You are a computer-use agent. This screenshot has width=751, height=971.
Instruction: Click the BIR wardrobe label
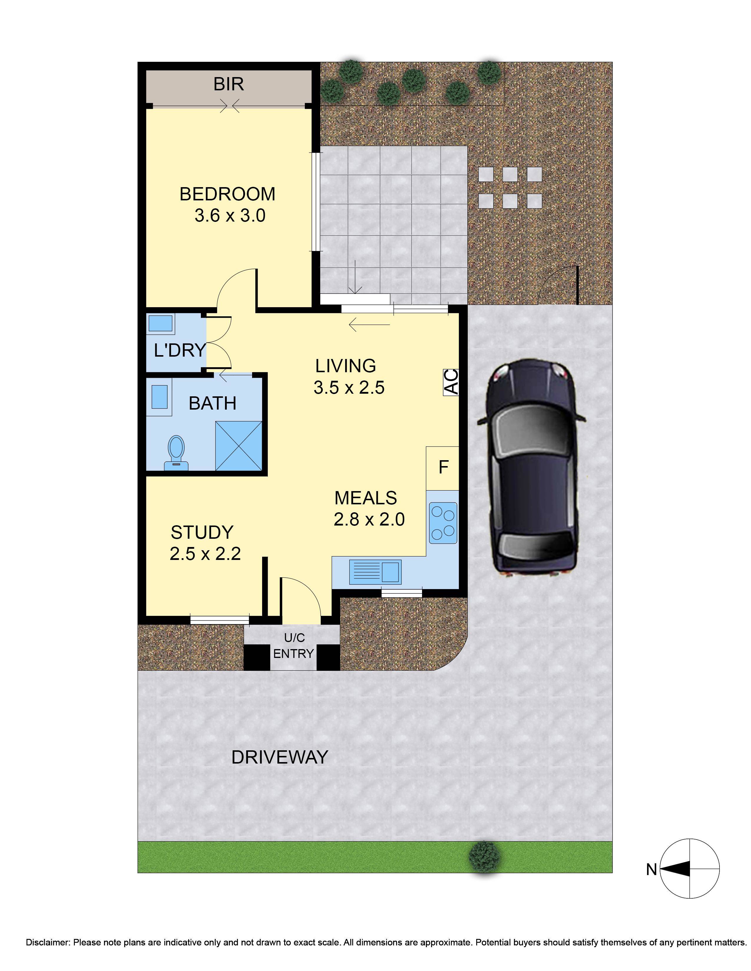(228, 84)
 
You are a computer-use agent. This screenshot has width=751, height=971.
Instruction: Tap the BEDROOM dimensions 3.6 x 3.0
(230, 216)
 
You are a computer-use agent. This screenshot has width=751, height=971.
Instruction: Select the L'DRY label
(179, 350)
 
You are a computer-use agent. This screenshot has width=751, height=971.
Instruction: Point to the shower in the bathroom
(238, 445)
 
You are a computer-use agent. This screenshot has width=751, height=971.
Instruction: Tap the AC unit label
(451, 382)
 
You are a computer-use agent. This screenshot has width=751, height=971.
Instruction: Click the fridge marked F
(443, 468)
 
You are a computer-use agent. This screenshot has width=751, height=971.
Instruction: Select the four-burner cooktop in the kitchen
(443, 523)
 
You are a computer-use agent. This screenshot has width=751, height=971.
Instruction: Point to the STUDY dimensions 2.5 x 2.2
(205, 554)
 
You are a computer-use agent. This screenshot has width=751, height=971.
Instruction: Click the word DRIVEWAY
(279, 757)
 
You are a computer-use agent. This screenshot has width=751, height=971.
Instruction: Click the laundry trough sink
(160, 324)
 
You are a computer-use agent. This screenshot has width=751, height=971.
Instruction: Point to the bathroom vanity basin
(159, 397)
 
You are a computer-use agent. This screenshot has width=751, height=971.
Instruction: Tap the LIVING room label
(346, 366)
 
